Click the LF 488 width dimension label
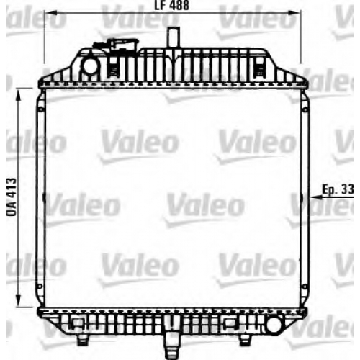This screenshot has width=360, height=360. (x=172, y=5)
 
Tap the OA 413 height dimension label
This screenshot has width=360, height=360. (x=12, y=197)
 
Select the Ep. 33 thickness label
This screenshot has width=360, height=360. (x=338, y=189)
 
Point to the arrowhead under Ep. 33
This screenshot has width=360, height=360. (x=317, y=197)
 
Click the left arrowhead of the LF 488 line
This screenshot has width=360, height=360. (x=51, y=13)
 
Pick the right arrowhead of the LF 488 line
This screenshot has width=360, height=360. (x=294, y=13)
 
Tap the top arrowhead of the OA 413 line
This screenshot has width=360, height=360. (x=18, y=95)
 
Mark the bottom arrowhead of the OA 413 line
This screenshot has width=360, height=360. (x=18, y=301)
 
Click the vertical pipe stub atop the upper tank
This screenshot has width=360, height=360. (x=174, y=37)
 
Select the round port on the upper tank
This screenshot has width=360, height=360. (x=90, y=66)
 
